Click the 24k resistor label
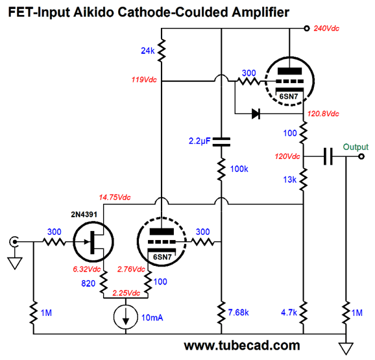147,51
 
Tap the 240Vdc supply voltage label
326,29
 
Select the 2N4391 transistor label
84,215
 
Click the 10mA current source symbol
126,317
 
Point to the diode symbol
256,114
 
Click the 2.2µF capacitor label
199,141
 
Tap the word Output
356,147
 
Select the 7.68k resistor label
238,312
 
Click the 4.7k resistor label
289,312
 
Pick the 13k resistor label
289,180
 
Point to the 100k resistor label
239,169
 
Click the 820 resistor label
88,283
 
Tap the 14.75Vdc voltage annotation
115,197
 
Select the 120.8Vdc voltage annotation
323,114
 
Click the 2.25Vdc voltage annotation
126,293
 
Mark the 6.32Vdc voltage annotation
86,269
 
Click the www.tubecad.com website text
242,346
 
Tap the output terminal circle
361,156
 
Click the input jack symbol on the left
14,242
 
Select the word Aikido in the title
93,12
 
